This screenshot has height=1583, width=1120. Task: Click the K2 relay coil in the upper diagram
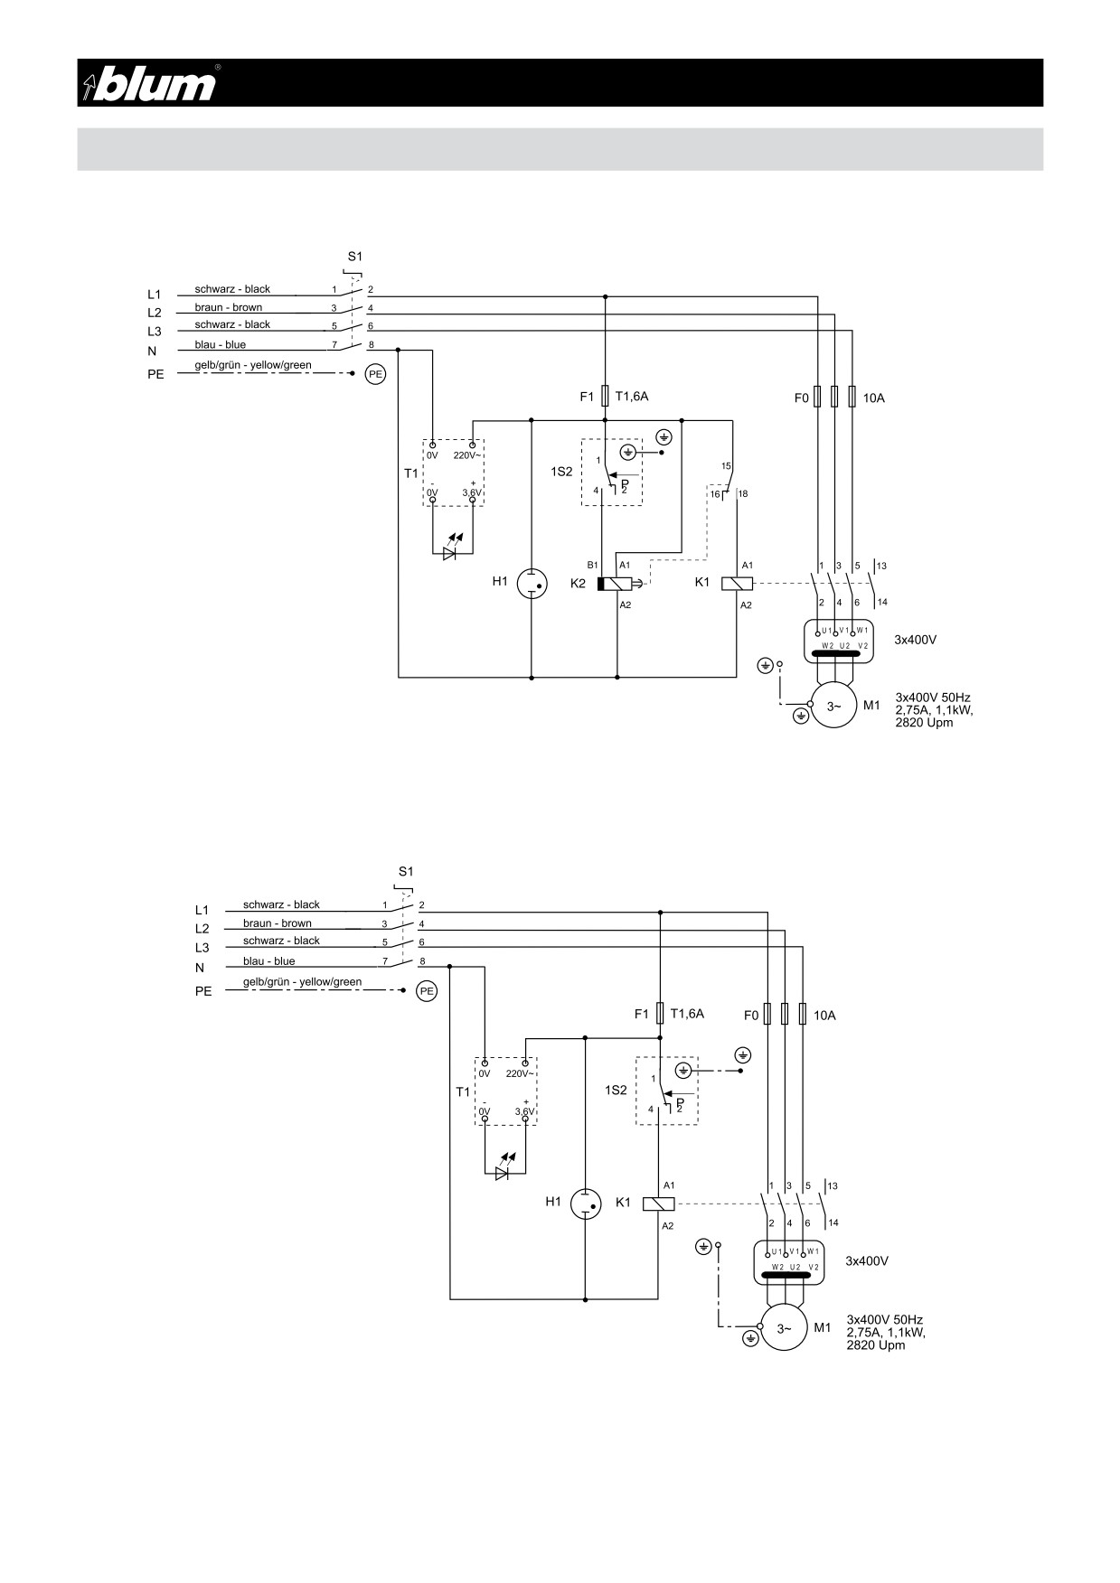tap(615, 584)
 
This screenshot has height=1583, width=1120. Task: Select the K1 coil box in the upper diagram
tap(737, 584)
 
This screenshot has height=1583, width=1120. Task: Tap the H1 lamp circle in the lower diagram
tap(586, 1204)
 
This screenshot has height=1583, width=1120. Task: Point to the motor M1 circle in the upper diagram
tap(833, 707)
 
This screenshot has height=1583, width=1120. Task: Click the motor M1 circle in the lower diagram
tap(784, 1328)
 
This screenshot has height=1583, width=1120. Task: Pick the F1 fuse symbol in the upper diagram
tap(605, 396)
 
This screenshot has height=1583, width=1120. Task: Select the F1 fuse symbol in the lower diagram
tap(660, 1014)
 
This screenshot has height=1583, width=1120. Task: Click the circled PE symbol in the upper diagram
tap(375, 373)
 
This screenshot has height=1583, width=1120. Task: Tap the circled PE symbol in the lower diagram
tap(427, 991)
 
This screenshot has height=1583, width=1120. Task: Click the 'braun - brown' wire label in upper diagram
tap(228, 307)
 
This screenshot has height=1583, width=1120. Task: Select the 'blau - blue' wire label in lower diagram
tap(268, 961)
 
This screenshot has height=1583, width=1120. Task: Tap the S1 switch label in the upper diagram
tap(354, 257)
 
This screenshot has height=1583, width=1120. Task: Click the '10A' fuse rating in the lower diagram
tap(824, 1016)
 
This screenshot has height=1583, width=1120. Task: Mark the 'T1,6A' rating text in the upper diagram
tap(632, 396)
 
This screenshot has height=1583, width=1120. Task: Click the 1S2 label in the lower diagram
tap(616, 1091)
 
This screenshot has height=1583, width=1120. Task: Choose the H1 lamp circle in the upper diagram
tap(532, 584)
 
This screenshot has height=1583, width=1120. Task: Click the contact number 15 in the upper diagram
tap(726, 466)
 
